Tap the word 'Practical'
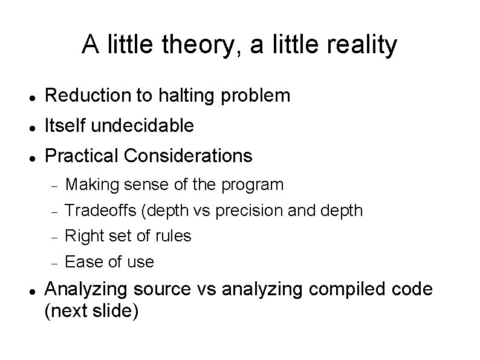pos(82,156)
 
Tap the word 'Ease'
pos(82,262)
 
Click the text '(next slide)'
pos(92,311)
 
